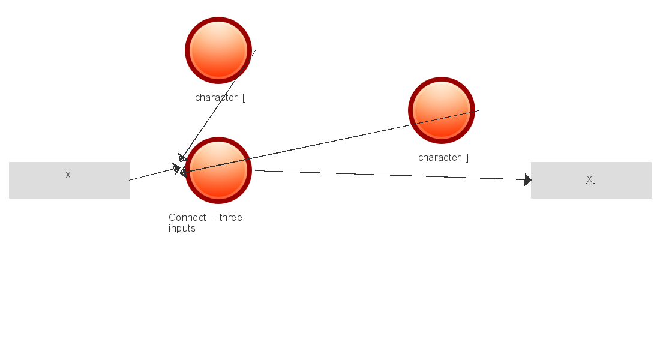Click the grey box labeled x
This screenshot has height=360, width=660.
click(x=69, y=180)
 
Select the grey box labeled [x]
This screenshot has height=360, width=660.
click(x=591, y=180)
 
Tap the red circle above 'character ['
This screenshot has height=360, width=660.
click(x=218, y=50)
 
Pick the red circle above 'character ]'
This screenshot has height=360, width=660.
click(x=442, y=110)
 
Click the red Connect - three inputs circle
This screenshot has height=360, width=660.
click(x=218, y=170)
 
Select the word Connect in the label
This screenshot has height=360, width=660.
click(x=187, y=217)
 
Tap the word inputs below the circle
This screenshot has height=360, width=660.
click(x=182, y=229)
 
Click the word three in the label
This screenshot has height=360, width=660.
click(x=230, y=217)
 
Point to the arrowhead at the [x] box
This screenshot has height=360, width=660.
click(x=527, y=179)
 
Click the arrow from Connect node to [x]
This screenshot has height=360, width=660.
click(x=390, y=175)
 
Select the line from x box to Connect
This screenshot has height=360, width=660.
click(x=153, y=174)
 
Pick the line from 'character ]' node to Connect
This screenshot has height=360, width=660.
click(x=330, y=142)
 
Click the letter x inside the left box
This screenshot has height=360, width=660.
click(x=68, y=175)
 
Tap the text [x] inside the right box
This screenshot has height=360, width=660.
click(x=590, y=179)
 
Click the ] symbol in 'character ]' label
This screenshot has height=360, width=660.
click(x=467, y=158)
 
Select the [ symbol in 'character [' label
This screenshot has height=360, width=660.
click(x=244, y=98)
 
